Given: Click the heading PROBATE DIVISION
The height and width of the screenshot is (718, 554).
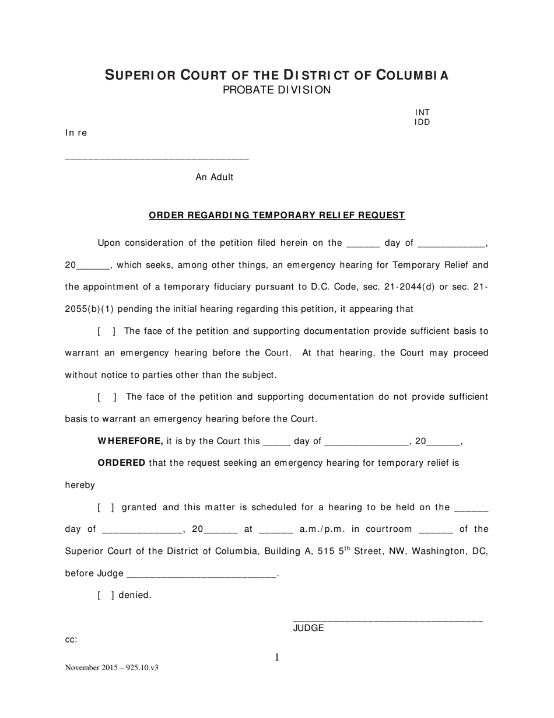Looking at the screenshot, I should tap(276, 90).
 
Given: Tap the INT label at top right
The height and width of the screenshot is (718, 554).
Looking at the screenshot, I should tap(422, 113).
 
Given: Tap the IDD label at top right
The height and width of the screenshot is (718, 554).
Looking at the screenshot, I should tap(422, 123).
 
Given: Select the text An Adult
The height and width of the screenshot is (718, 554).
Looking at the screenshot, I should tap(215, 177).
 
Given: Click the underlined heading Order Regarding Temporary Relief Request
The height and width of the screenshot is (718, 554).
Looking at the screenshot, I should tap(276, 215).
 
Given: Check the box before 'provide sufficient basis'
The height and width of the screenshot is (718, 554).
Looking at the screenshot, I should tap(106, 332).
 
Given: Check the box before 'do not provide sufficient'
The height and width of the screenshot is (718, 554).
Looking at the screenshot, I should tap(107, 398).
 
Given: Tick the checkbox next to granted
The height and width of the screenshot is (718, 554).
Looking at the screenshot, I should tap(106, 508).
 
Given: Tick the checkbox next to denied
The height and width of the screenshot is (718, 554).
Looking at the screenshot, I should tap(106, 596).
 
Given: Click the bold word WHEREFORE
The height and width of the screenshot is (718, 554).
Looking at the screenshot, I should tap(130, 441).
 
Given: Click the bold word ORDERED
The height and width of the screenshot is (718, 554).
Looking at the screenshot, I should tap(121, 463).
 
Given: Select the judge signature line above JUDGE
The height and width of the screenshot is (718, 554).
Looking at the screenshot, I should tap(387, 620).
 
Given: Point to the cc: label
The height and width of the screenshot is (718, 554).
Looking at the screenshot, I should tap(71, 640).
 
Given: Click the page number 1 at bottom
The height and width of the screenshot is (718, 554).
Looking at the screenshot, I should tap(277, 658).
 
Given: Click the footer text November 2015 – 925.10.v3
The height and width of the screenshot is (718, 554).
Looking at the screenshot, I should tap(111, 668).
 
